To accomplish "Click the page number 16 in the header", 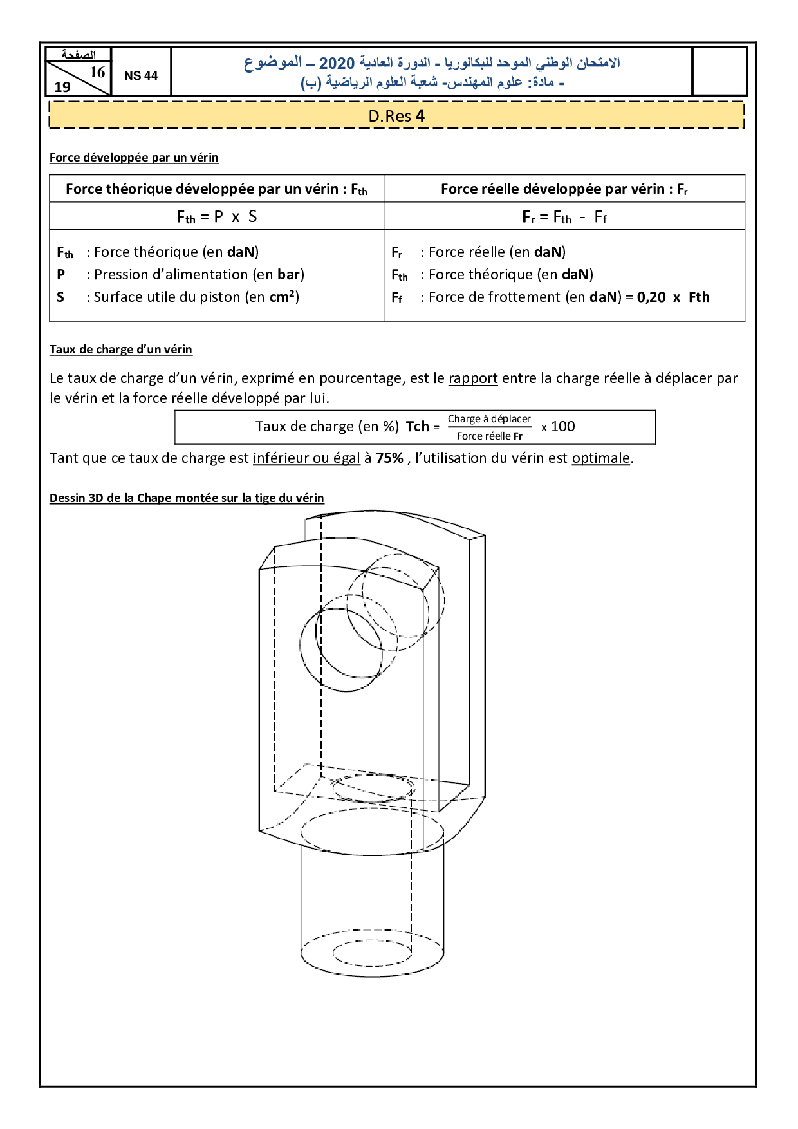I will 97,72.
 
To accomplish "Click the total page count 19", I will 62,87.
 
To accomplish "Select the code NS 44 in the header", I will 141,75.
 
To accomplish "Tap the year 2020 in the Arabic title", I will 337,63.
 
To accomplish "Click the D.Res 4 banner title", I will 396,116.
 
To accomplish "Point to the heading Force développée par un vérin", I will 134,158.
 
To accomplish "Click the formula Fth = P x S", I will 217,217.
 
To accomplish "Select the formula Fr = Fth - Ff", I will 564,217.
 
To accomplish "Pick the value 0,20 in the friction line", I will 651,297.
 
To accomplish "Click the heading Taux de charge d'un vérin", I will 121,350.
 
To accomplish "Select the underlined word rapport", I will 473,378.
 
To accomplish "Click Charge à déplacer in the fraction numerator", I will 489,419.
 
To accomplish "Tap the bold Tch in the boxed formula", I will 417,427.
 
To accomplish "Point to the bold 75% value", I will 389,458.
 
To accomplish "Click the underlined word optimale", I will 600,458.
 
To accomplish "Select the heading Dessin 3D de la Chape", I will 187,498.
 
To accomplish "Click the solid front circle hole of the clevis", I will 342,649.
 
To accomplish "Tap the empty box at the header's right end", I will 719,71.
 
